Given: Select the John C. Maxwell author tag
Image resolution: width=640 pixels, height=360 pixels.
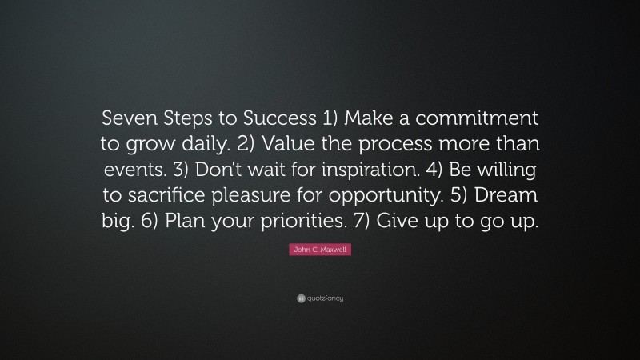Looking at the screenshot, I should tap(319, 251).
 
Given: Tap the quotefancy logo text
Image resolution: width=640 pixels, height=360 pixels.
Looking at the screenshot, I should tap(325, 298).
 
